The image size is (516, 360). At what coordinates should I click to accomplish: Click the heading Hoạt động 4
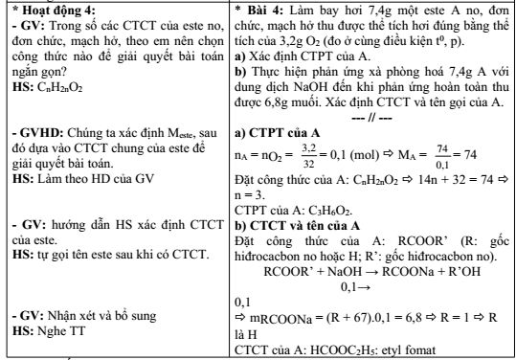click(x=48, y=11)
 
